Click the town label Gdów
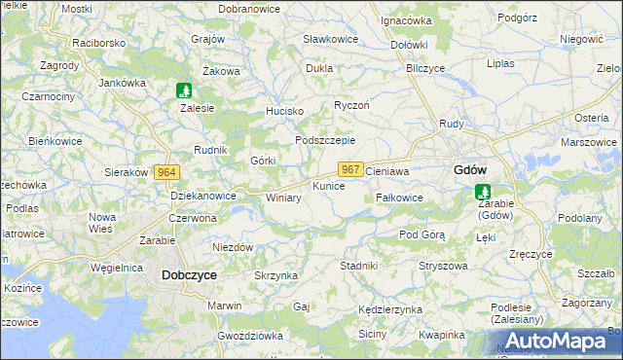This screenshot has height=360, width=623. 470,169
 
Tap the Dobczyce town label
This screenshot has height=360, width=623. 189,275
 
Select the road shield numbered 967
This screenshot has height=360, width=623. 351,169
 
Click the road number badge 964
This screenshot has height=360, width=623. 166,171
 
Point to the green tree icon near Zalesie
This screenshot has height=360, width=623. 183,90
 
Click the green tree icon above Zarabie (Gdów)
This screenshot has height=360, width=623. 481,193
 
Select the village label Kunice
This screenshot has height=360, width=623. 328,185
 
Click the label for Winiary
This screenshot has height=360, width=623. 283,198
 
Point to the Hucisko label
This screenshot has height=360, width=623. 285,111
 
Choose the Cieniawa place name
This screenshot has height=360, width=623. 386,170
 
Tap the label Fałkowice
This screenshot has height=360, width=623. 399,197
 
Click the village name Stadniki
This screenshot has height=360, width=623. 358,265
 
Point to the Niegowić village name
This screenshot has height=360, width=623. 582,40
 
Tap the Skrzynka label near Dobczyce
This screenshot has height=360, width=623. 275,276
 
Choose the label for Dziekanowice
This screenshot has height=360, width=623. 203,196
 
